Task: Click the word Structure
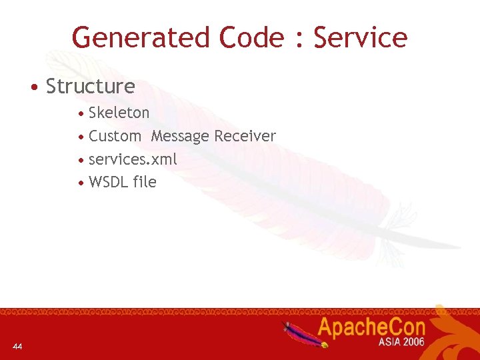pos(90,87)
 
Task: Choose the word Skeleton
pos(119,113)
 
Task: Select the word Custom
pos(115,136)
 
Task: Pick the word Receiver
pos(245,136)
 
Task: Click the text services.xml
pos(133,159)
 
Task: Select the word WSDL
pos(108,182)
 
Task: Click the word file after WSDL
pos(144,182)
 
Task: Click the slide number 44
pos(17,346)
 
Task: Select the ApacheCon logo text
pos(371,328)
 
